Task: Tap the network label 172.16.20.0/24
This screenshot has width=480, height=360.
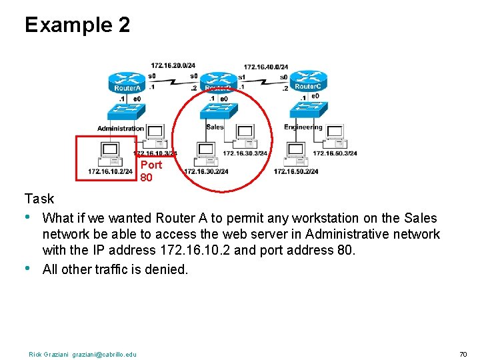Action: [173, 65]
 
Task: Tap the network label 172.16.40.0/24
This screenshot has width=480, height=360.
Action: [265, 66]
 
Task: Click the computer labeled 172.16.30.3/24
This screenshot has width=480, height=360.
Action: [246, 136]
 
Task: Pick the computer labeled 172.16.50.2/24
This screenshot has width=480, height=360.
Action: [295, 154]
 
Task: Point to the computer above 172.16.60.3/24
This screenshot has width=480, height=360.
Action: [333, 135]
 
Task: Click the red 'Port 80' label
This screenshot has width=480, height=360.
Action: [150, 171]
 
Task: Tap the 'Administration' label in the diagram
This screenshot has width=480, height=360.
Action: [121, 128]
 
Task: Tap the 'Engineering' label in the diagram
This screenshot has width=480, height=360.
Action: [303, 127]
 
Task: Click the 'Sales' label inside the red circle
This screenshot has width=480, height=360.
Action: [215, 127]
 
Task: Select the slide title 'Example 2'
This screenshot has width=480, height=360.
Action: [77, 25]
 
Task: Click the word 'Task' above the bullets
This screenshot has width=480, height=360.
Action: [39, 199]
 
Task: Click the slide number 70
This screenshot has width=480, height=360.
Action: [463, 354]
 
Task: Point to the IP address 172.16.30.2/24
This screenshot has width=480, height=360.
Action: [206, 171]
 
